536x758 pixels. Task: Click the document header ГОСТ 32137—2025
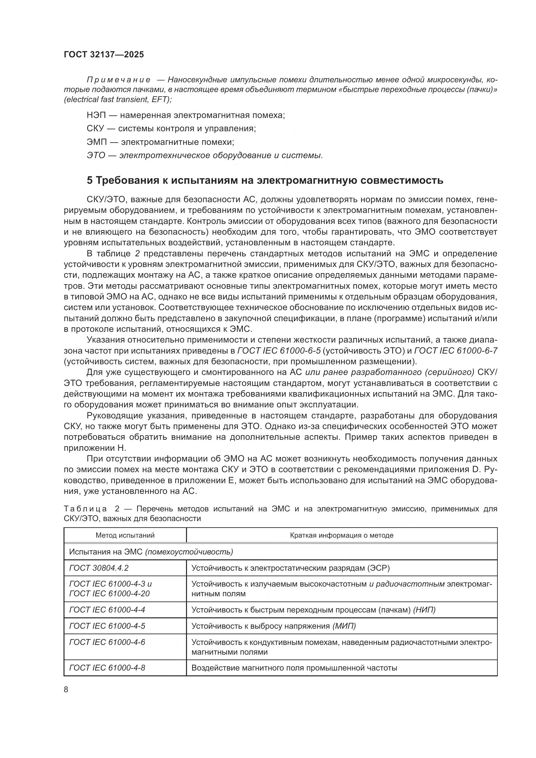(104, 55)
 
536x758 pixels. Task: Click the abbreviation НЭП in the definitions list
(95, 116)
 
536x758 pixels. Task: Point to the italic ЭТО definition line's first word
(95, 156)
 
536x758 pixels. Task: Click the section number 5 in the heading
(90, 181)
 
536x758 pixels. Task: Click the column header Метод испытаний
(125, 535)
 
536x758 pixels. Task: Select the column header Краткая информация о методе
(342, 535)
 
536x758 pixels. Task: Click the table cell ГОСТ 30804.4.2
(99, 568)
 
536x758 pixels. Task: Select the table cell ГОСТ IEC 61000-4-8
(107, 668)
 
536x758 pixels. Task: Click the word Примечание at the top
(119, 80)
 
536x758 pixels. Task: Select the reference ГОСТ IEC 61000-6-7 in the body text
(455, 351)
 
